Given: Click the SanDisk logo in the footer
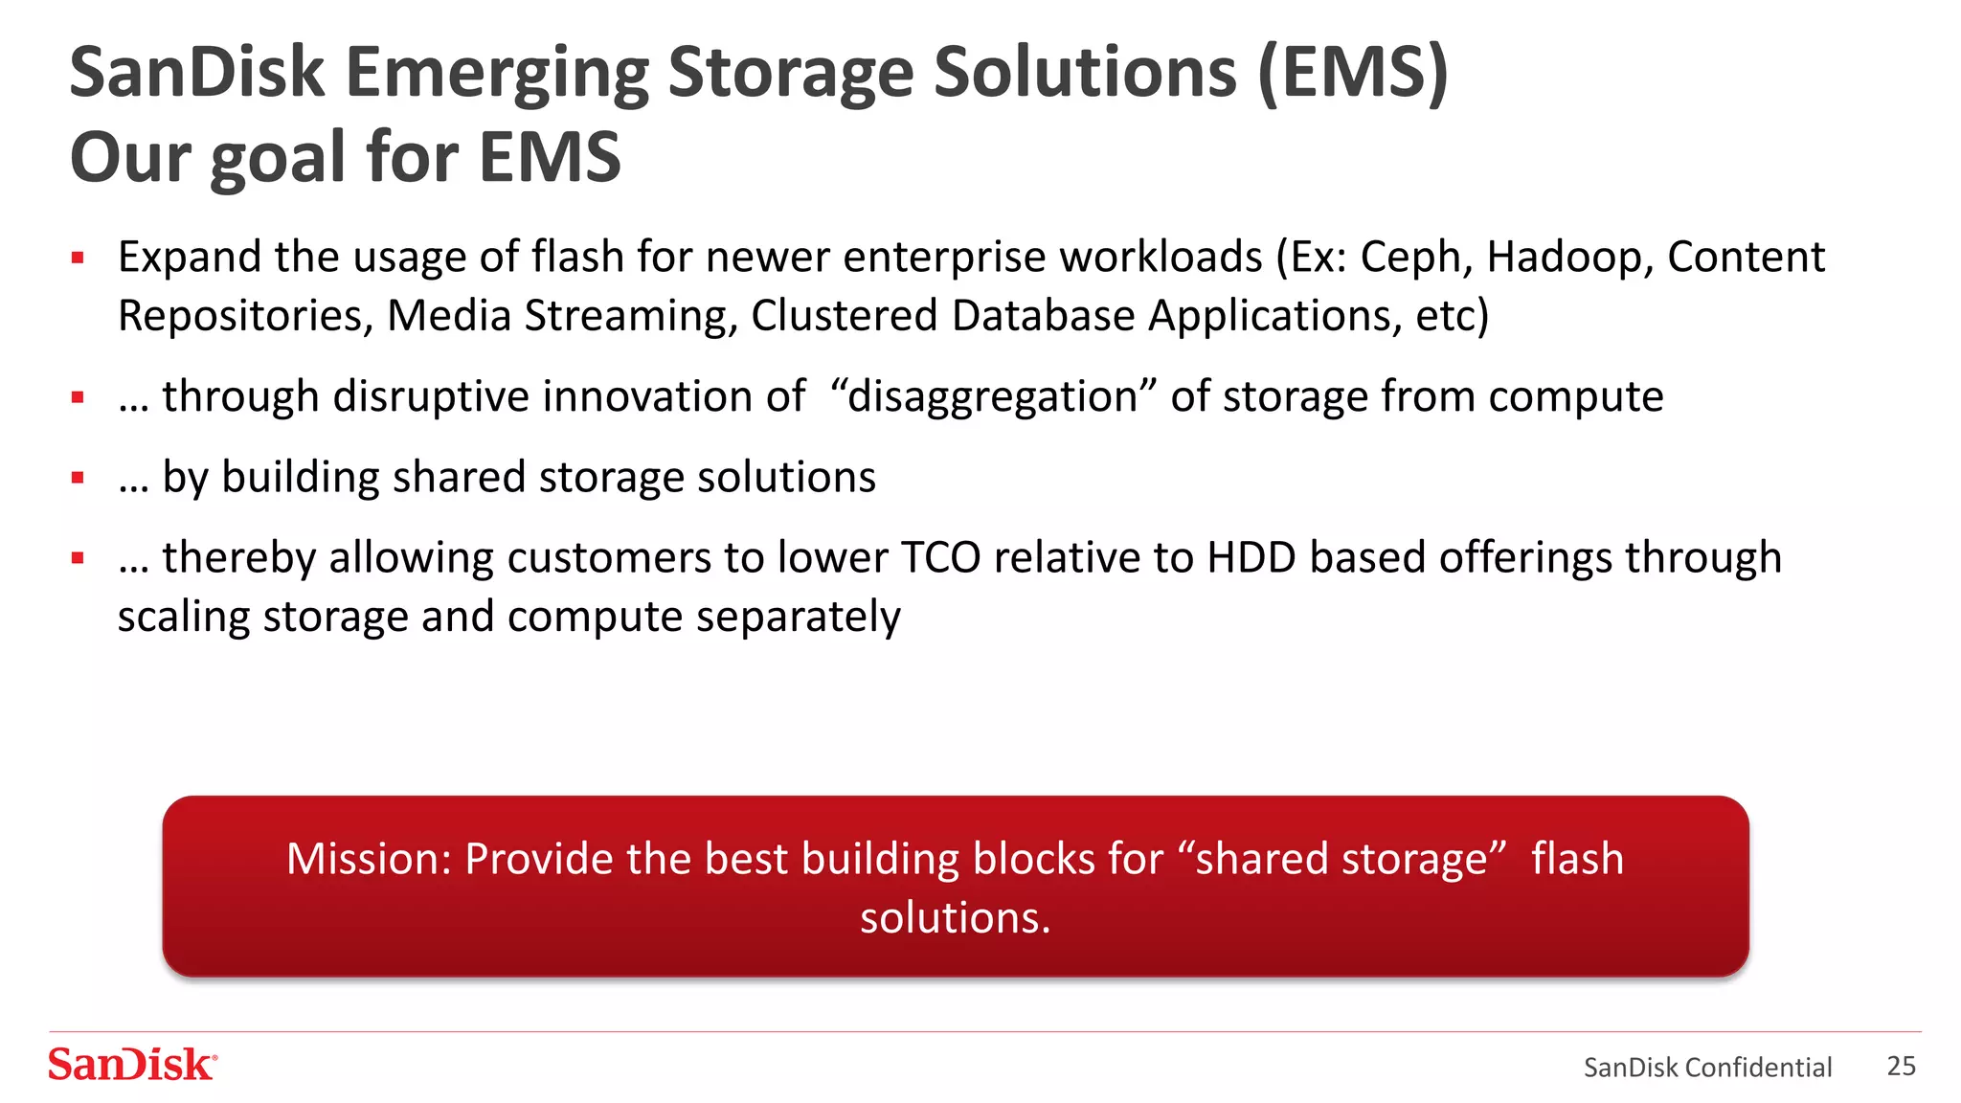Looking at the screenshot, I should point(132,1065).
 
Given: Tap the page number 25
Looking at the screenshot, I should point(1901,1066).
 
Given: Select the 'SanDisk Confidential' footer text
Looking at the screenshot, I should point(1707,1067).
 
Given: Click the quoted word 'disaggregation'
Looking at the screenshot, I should point(992,396).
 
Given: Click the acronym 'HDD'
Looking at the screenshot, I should point(1251,557).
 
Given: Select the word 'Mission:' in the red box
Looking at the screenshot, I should point(369,859).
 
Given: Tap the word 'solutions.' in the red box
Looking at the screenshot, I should point(955,917).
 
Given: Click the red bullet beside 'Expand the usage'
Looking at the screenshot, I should point(79,258).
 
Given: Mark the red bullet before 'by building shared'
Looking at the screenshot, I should point(79,478).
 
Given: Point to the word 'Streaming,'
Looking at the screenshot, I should point(631,316).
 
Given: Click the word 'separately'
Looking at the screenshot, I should point(799,617).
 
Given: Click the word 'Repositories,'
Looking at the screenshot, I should point(245,316).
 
